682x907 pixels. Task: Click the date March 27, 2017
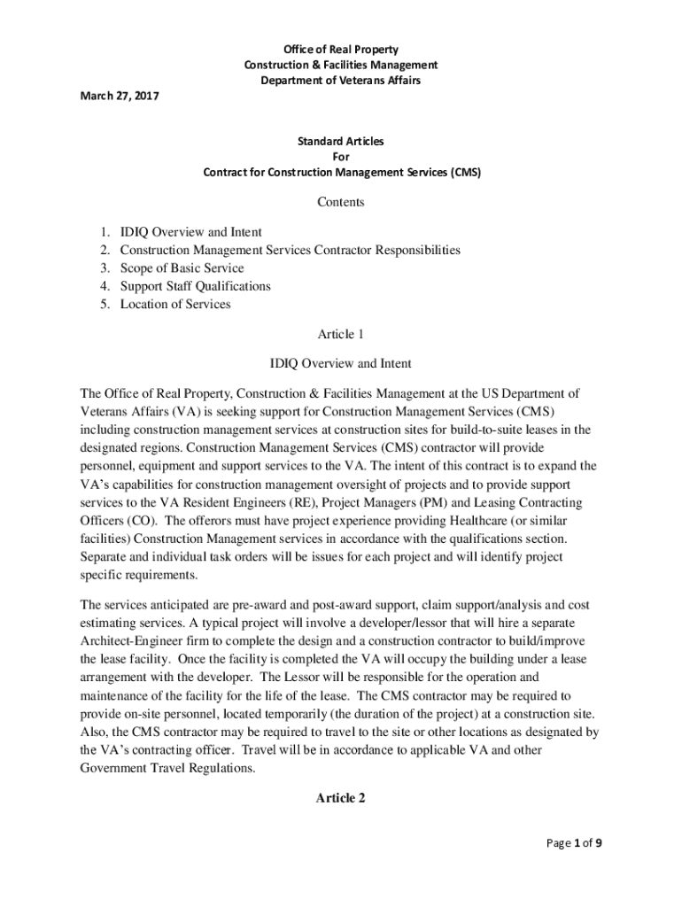tap(115, 96)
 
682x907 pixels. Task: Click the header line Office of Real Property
tap(341, 49)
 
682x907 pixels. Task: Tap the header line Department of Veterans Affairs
tap(341, 81)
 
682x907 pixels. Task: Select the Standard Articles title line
tap(341, 141)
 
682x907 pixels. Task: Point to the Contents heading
tap(341, 202)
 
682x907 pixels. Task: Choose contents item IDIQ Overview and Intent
tap(190, 232)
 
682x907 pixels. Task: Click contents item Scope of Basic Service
tap(182, 268)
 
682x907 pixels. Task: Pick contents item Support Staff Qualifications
tap(195, 286)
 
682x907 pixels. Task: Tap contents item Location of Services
tap(175, 304)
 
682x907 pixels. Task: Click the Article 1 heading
tap(341, 334)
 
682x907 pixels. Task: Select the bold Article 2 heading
tap(341, 798)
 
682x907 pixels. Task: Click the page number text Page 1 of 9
tap(575, 842)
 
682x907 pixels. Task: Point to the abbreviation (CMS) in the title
tap(465, 173)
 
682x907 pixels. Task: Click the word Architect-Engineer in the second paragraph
tap(128, 640)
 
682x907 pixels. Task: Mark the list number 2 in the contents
tap(104, 250)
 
